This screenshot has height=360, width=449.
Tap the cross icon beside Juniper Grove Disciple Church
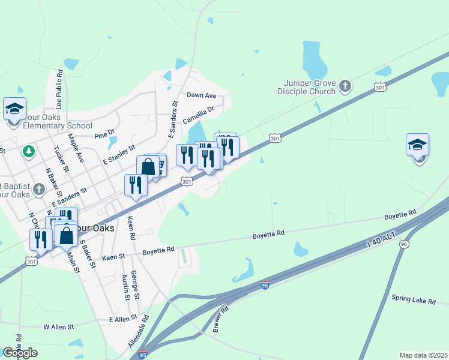[345, 86]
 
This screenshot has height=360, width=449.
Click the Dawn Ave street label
[201, 95]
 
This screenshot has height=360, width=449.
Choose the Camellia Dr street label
[199, 115]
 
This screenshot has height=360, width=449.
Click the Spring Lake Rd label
[414, 298]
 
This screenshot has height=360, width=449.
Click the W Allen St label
[58, 327]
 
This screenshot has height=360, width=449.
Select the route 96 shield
[404, 244]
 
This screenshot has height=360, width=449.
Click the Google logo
[20, 353]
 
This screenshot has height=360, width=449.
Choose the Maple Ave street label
[76, 149]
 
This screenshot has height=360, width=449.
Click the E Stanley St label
[119, 155]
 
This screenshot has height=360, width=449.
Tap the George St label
[136, 285]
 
